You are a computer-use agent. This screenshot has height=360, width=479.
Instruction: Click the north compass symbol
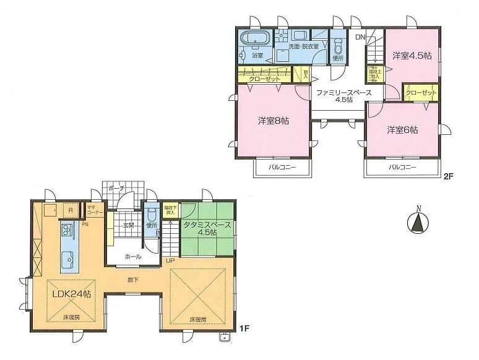coord(420,221)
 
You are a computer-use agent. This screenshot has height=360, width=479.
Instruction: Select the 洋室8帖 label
coord(273,121)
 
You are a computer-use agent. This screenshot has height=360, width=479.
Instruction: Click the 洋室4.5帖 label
coord(411,56)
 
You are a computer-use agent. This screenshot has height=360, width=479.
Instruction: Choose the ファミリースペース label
coord(343,92)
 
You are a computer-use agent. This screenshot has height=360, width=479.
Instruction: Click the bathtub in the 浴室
coord(253,38)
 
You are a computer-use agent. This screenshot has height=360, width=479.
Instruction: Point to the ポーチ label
coord(116,188)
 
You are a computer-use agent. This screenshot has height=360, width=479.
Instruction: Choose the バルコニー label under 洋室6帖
coord(402,168)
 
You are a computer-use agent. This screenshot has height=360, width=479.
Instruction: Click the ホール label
coord(132,256)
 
